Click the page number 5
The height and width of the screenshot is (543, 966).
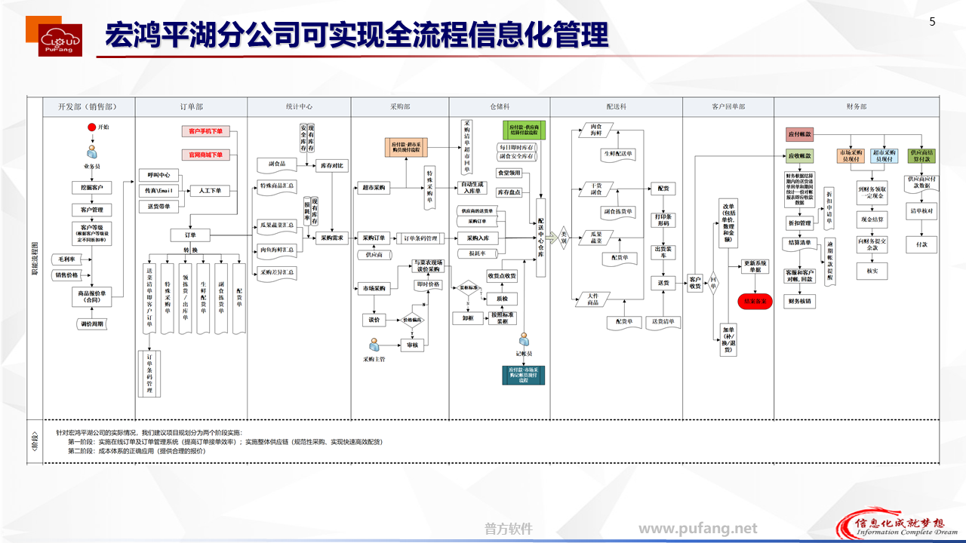click(x=932, y=22)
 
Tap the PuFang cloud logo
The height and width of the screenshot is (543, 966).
click(x=60, y=38)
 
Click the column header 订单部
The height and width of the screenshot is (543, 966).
click(x=191, y=107)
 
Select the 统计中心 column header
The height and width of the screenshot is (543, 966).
click(x=299, y=107)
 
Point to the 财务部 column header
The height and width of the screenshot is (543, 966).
click(x=857, y=107)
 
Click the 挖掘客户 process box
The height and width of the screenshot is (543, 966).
click(x=92, y=187)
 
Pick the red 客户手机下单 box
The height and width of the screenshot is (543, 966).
click(x=205, y=132)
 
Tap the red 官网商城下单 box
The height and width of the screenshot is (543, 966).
click(x=205, y=155)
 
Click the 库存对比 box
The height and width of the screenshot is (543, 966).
click(x=333, y=166)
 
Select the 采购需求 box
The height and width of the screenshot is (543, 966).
click(x=332, y=238)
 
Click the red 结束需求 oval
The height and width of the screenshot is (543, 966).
click(x=755, y=302)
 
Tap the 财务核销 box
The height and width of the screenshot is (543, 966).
click(x=799, y=302)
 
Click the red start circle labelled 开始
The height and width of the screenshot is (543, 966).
click(x=91, y=127)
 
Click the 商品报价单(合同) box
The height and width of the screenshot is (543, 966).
click(x=92, y=296)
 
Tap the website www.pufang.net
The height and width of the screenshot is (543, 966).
click(x=698, y=529)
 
